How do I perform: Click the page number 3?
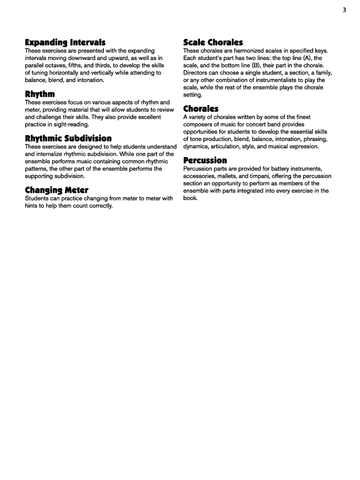click(x=344, y=9)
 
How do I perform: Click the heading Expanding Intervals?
click(x=66, y=42)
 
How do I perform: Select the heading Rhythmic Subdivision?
click(x=68, y=138)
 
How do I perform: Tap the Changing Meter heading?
click(x=57, y=191)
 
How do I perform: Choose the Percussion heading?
click(x=205, y=161)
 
